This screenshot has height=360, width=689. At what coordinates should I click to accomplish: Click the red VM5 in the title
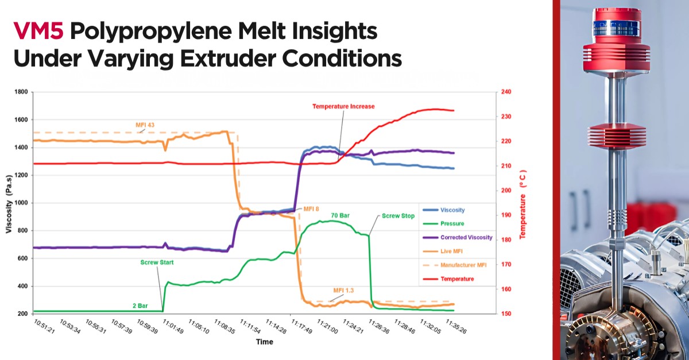click(x=38, y=31)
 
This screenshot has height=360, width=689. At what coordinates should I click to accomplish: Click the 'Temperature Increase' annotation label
click(x=343, y=106)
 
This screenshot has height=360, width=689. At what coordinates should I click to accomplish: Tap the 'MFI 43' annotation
click(x=145, y=125)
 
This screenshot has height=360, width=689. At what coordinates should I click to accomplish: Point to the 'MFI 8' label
click(x=311, y=209)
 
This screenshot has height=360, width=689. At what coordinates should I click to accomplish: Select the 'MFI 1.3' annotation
click(x=343, y=290)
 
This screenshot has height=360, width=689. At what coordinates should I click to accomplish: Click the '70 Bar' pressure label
click(x=340, y=215)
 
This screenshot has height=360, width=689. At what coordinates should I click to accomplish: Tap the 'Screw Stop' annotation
click(x=398, y=216)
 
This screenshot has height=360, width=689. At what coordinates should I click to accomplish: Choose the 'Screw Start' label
click(x=157, y=262)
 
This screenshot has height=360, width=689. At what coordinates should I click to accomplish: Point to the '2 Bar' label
click(x=140, y=305)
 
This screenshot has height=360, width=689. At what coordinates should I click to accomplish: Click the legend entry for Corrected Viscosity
click(x=458, y=237)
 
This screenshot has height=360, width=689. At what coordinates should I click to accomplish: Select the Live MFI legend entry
click(x=443, y=251)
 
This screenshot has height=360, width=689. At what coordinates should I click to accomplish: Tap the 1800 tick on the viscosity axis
click(x=21, y=92)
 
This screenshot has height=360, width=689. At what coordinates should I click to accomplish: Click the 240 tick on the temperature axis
click(x=506, y=92)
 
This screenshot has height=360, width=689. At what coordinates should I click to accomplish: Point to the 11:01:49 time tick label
click(x=173, y=327)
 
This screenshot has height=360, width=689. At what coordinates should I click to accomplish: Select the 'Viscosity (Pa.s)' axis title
click(x=9, y=204)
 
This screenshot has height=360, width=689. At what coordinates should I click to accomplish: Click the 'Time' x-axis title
click(x=265, y=342)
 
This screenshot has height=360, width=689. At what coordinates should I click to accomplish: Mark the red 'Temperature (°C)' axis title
click(x=522, y=204)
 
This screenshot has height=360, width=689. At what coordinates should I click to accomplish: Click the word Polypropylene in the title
click(x=150, y=32)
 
